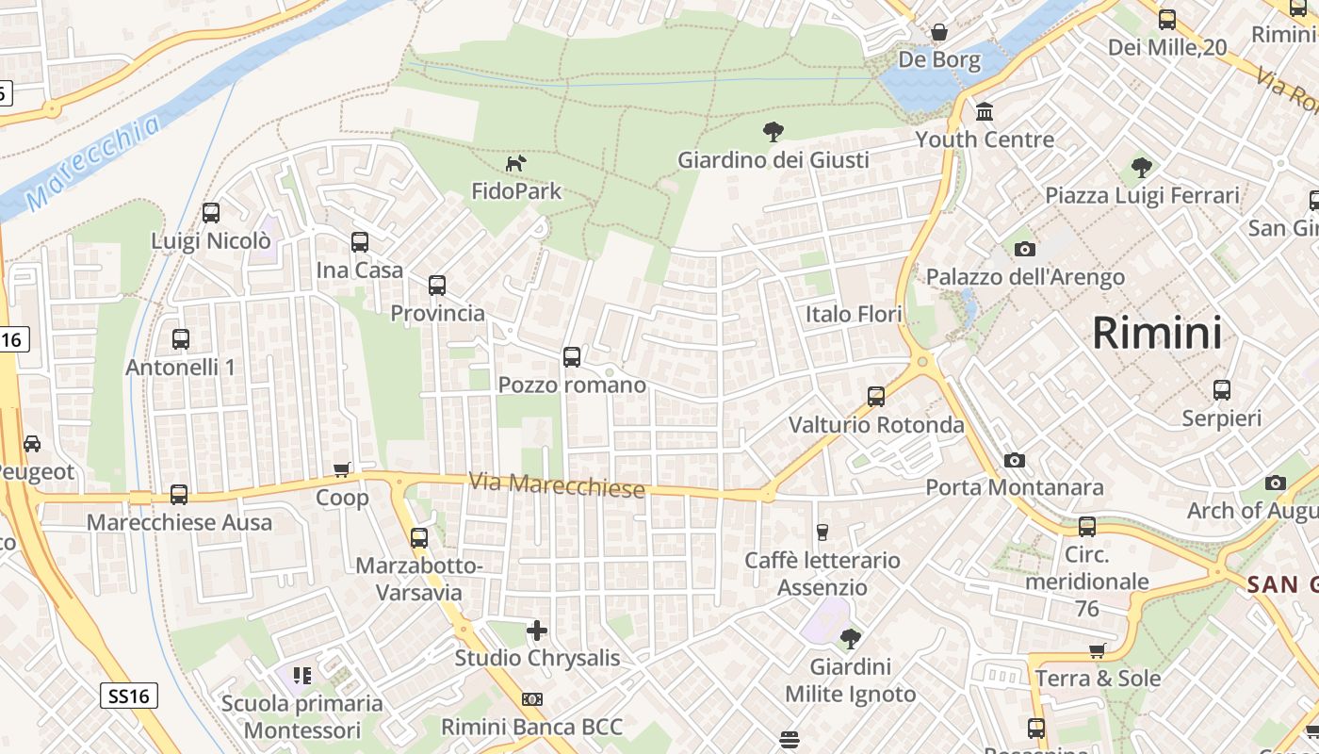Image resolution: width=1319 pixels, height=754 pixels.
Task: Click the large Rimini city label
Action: (1157, 333)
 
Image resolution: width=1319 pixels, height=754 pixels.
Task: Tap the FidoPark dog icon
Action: (515, 164)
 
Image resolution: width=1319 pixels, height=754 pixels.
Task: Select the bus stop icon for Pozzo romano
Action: (572, 357)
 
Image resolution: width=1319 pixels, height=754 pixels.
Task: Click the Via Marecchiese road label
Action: (557, 485)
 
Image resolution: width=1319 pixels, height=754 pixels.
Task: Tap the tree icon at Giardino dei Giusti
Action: (773, 132)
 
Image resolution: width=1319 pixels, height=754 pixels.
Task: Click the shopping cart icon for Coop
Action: (342, 469)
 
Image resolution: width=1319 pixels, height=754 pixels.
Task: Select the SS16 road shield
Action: (128, 697)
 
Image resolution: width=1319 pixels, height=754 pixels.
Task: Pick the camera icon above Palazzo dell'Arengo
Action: (1025, 249)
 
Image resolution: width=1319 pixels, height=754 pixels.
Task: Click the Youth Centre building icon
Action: (985, 112)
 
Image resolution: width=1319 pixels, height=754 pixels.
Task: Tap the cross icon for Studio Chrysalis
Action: (537, 630)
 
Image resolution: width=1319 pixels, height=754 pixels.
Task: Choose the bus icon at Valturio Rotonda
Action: (876, 397)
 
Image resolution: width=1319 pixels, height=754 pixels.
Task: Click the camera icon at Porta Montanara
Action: (1014, 460)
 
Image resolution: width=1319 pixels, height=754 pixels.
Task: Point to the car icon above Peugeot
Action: (32, 443)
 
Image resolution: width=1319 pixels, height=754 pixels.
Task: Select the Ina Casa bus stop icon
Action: (360, 242)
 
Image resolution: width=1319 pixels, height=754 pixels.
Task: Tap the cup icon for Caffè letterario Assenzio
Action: (822, 533)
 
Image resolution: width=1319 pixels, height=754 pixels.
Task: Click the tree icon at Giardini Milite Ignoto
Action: (850, 638)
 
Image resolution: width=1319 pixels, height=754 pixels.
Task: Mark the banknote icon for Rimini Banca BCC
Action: (532, 699)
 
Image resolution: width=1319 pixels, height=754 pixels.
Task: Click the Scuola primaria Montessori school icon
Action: (301, 675)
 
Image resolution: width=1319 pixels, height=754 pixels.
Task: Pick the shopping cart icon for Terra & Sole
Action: (1097, 650)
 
